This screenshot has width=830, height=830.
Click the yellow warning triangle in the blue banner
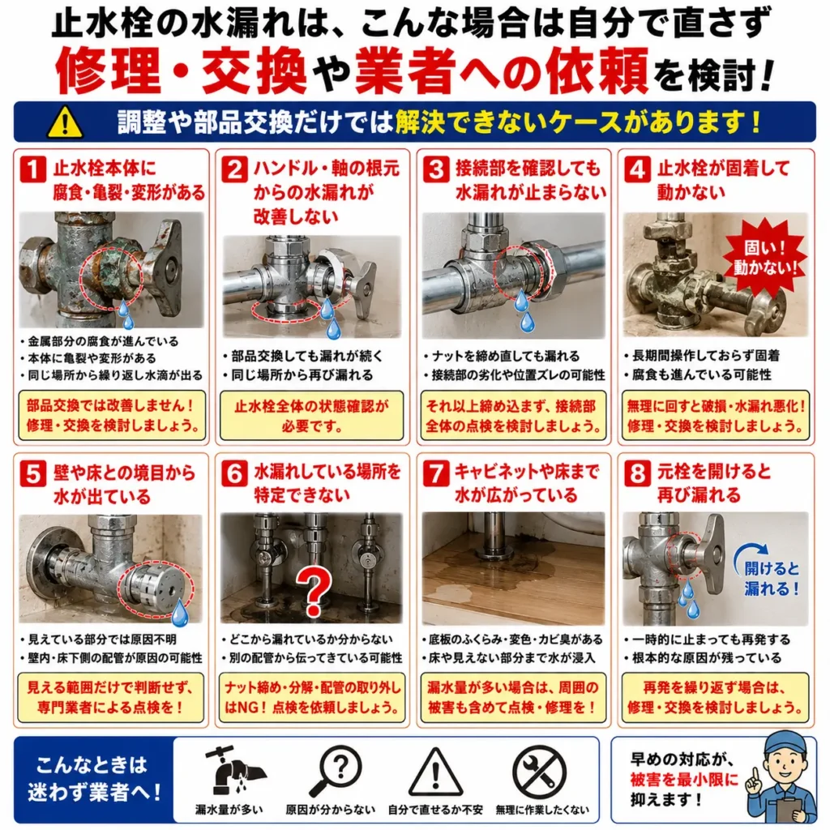coord(65,122)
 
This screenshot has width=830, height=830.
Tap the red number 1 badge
coord(32,169)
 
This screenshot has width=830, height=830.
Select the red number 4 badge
coord(637,169)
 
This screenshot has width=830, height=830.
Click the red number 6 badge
coord(234,473)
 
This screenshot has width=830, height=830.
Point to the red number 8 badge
coord(637,473)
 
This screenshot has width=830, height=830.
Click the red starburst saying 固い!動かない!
coord(766,258)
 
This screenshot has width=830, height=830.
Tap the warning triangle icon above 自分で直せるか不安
coord(435,771)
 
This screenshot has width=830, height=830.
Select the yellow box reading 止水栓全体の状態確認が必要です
coord(312,416)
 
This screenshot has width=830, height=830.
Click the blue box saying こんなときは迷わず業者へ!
coord(94,779)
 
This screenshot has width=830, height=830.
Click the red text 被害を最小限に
coord(684,779)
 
